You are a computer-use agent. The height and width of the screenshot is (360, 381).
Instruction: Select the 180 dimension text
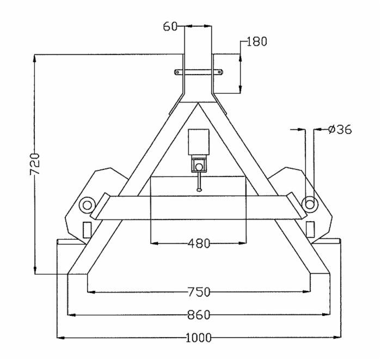coord(256,42)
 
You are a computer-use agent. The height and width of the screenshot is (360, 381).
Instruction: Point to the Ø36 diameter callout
coord(340,130)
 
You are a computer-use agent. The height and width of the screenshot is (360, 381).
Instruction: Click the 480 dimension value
coord(199,243)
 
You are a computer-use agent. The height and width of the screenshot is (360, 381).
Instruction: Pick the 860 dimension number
coord(199,315)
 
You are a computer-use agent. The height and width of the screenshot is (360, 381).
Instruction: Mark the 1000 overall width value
coord(199,338)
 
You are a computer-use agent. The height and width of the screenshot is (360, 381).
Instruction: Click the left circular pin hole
coord(86,205)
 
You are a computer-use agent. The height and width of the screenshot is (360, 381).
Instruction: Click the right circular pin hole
coord(310,204)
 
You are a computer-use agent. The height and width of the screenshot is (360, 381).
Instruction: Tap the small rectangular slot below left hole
coord(87,229)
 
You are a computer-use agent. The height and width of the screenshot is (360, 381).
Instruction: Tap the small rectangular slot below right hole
coord(310,228)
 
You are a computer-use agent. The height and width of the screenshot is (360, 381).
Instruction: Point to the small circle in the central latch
coord(199,166)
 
